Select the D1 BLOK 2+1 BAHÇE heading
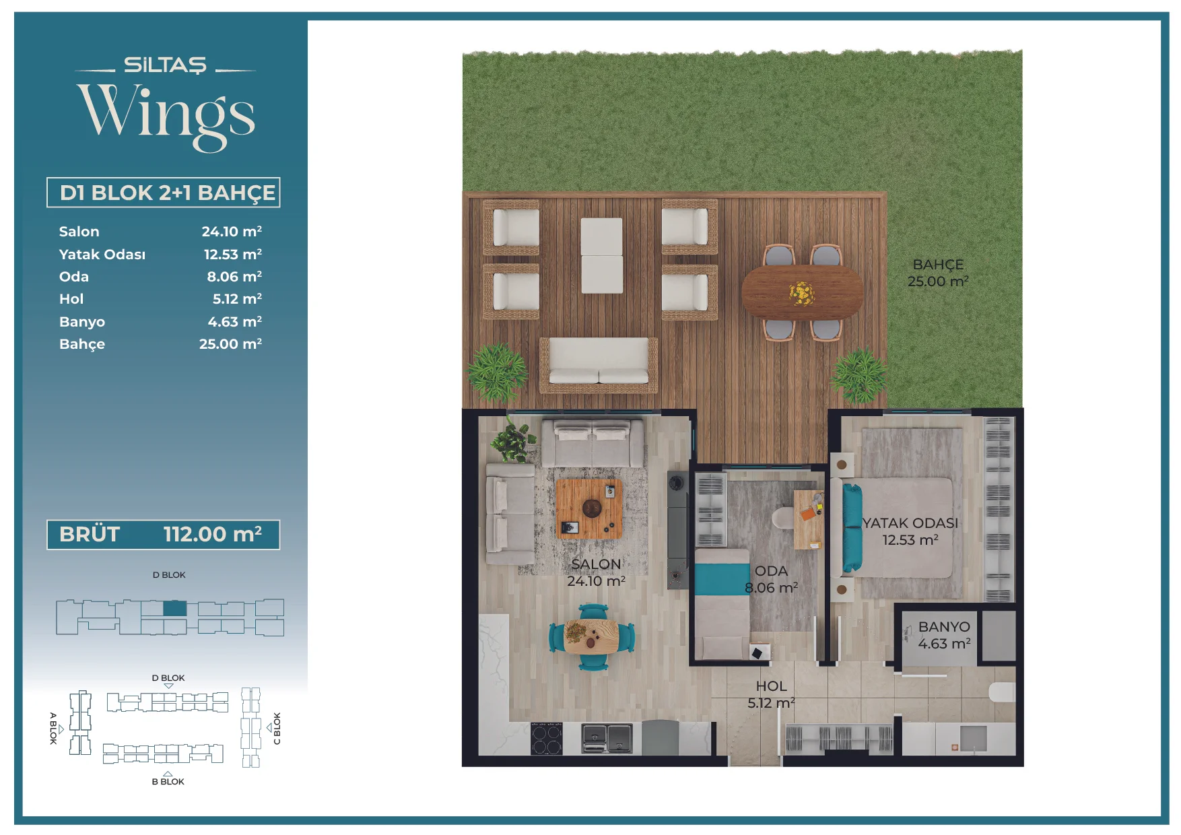167,193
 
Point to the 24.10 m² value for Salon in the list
232,231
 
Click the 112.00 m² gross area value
213,534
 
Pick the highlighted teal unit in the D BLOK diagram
175,608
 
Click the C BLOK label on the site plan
277,729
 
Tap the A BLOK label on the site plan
53,728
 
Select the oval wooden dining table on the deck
802,292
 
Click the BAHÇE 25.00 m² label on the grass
938,273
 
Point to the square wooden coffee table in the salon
589,508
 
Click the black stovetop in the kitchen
547,738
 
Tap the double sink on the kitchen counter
607,738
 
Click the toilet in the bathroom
1002,692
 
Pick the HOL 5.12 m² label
771,694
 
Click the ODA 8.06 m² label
771,579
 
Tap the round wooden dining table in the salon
591,636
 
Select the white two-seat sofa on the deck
599,364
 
